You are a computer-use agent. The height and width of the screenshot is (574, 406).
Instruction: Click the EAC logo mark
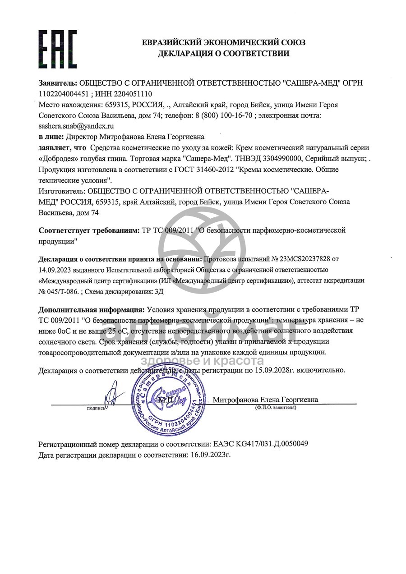click(x=57, y=49)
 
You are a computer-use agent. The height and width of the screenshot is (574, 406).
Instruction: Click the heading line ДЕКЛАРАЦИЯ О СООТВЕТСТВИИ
click(x=223, y=54)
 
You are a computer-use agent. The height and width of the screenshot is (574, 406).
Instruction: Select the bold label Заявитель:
click(x=58, y=83)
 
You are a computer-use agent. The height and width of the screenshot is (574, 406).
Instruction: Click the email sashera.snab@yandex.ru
click(x=76, y=126)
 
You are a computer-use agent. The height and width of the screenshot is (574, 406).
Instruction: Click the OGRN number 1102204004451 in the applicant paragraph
click(x=65, y=94)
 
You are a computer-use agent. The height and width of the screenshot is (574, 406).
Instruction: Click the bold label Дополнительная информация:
click(x=92, y=309)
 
